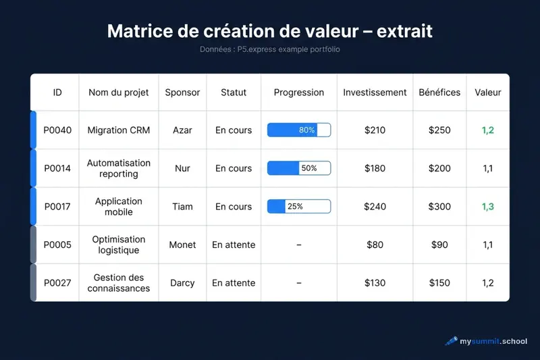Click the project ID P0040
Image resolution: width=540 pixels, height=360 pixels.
[57, 130]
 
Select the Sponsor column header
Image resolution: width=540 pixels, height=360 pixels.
[182, 93]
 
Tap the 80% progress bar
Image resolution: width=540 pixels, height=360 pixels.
[299, 130]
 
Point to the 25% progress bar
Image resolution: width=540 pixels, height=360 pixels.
[299, 207]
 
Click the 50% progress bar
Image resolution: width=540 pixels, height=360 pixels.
[299, 168]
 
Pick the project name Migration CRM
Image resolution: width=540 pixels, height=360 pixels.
[119, 130]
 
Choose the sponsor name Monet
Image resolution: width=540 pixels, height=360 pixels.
[182, 245]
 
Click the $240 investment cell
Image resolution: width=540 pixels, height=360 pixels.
[375, 207]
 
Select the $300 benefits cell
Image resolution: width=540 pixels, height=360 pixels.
[439, 207]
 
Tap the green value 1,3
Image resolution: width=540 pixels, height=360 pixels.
[488, 207]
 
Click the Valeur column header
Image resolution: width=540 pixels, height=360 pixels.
[488, 93]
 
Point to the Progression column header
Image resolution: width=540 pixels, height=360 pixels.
[299, 93]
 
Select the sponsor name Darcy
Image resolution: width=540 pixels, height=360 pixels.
[182, 283]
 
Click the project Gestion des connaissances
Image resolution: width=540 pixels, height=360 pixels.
[119, 283]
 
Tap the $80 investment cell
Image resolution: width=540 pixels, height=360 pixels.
[375, 245]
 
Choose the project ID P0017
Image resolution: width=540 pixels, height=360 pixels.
[57, 207]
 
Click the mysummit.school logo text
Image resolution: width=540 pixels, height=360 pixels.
[493, 342]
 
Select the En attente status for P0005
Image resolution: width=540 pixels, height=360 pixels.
[234, 245]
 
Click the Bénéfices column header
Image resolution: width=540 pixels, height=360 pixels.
[439, 93]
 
